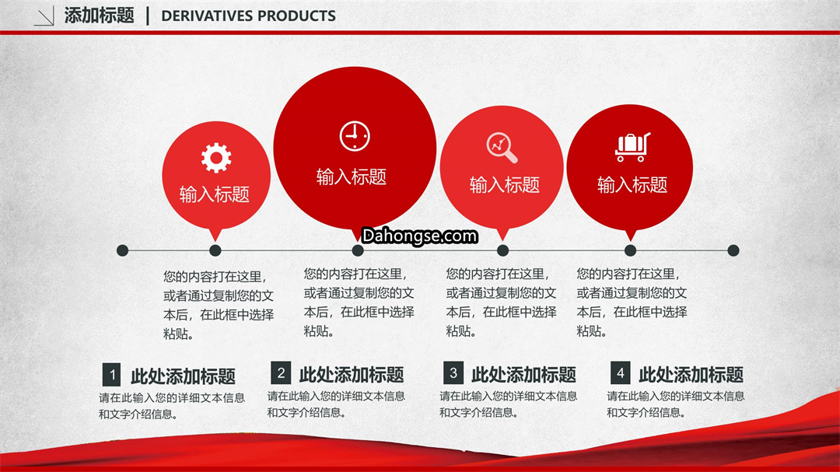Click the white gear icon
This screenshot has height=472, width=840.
216,158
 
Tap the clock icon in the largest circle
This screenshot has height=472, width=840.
355,136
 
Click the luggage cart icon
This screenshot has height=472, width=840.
632,147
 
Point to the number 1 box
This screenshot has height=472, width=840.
111,375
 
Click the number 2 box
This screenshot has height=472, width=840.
281,372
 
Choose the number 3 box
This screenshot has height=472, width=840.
453,372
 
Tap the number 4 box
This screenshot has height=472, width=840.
621,372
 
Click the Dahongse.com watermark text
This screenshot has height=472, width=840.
419,236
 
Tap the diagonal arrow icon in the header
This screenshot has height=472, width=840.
44,16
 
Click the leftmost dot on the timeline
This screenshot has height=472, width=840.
122,250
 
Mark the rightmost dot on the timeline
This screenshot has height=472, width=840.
733,250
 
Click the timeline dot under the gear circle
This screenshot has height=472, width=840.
215,250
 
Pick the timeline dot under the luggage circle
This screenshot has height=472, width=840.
631,250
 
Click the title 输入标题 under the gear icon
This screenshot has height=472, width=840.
215,194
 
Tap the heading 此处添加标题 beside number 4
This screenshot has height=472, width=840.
691,375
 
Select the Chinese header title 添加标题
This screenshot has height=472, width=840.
99,16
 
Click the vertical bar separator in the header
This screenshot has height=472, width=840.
147,16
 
